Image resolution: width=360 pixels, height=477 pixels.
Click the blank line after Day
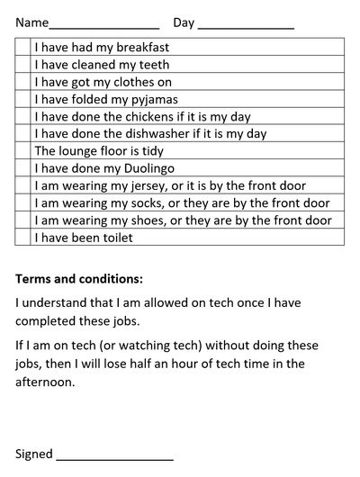coord(245,23)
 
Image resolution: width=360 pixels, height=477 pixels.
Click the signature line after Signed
coord(114,455)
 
